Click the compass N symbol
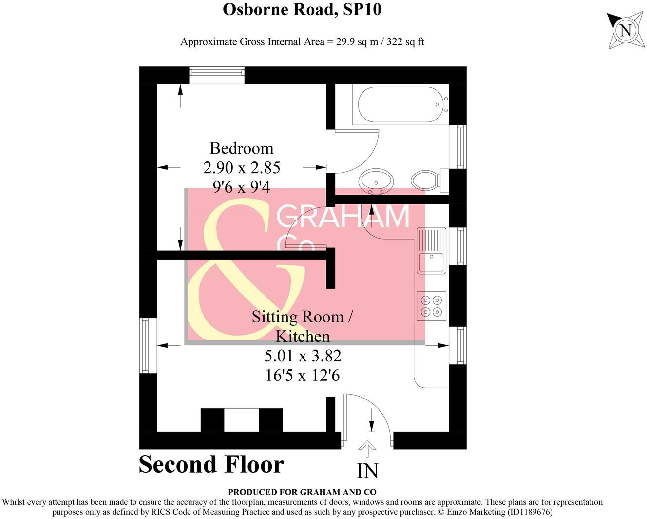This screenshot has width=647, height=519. (x=625, y=31)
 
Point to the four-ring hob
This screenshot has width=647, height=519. (x=431, y=306)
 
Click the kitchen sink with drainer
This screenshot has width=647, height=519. (x=431, y=250)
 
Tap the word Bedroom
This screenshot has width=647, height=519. (x=241, y=148)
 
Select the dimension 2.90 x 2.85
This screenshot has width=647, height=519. (x=242, y=167)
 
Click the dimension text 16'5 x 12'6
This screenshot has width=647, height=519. (x=303, y=375)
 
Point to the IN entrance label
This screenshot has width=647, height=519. (x=367, y=471)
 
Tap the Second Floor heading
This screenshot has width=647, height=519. (x=211, y=464)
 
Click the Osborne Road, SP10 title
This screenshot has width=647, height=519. (x=302, y=9)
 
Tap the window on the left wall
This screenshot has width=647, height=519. (x=147, y=345)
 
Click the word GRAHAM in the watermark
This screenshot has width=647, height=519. (x=343, y=217)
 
